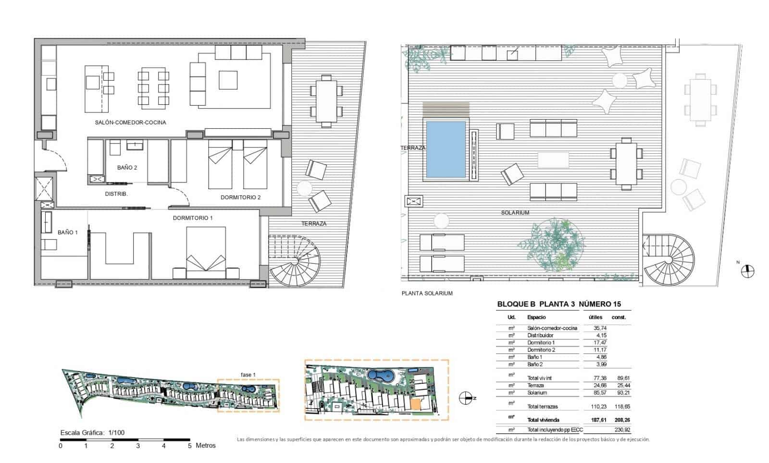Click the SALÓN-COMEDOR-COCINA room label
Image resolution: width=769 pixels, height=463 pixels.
pyautogui.click(x=130, y=122)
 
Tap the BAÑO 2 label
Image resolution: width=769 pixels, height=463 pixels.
pyautogui.click(x=127, y=168)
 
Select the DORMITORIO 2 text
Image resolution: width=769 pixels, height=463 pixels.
pyautogui.click(x=240, y=197)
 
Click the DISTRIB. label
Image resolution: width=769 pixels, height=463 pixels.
pyautogui.click(x=116, y=194)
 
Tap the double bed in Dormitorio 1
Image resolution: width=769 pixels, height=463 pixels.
pyautogui.click(x=206, y=255)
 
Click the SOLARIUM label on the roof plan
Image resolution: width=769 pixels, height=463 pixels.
pyautogui.click(x=515, y=212)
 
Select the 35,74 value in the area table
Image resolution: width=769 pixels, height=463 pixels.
pyautogui.click(x=600, y=328)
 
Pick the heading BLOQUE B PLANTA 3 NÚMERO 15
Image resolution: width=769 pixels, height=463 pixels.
pyautogui.click(x=558, y=304)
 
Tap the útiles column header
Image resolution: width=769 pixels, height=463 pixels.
pyautogui.click(x=595, y=317)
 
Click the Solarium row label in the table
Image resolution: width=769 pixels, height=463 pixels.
pyautogui.click(x=537, y=393)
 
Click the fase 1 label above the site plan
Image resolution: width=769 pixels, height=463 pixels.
pyautogui.click(x=248, y=375)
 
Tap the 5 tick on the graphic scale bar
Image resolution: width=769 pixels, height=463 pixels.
pyautogui.click(x=190, y=445)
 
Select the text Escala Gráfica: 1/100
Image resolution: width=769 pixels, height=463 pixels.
pyautogui.click(x=92, y=432)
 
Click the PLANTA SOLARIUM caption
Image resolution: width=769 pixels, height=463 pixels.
pyautogui.click(x=427, y=293)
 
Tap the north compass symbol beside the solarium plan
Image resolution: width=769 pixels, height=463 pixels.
pyautogui.click(x=747, y=271)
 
